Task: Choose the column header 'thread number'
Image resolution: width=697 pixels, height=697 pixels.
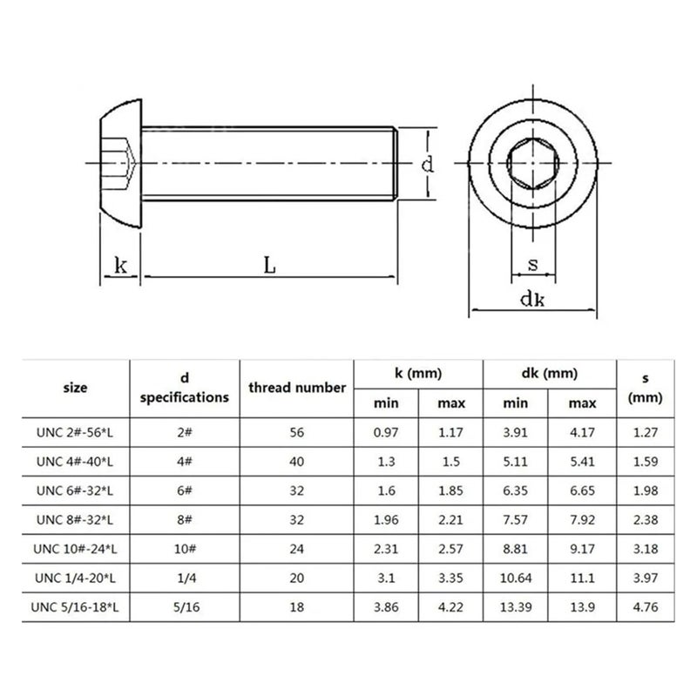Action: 297,388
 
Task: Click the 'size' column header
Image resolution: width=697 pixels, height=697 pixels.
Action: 76,388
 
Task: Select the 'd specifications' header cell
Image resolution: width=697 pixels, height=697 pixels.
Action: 185,388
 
